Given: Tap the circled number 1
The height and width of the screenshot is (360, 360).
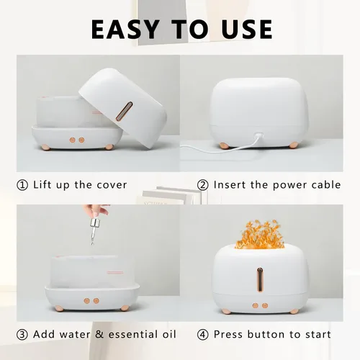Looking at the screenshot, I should click(22, 185).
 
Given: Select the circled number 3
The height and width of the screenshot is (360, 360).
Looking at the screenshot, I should click(22, 334).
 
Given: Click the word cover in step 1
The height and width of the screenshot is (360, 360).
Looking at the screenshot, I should click(110, 185).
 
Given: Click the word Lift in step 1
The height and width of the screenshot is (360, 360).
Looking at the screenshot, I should click(44, 185).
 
